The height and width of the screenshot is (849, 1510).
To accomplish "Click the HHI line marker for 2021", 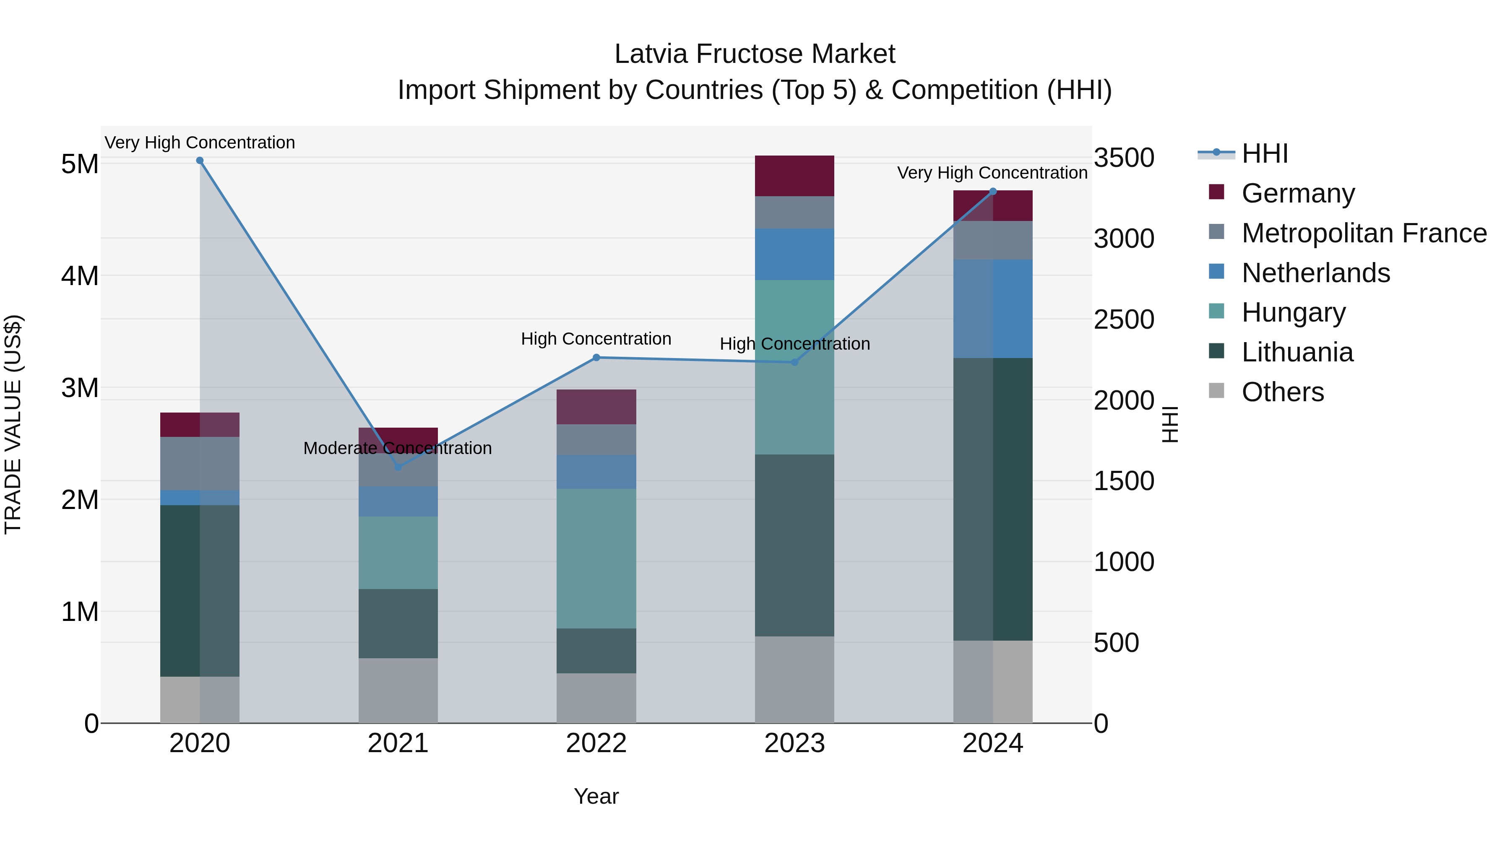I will (398, 467).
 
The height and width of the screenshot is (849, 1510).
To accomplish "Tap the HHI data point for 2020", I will (200, 161).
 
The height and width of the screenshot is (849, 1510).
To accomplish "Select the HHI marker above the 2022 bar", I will (596, 357).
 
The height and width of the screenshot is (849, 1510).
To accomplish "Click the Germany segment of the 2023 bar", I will (794, 176).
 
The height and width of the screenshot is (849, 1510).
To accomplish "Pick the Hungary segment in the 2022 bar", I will (596, 558).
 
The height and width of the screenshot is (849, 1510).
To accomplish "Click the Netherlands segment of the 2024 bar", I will (992, 309).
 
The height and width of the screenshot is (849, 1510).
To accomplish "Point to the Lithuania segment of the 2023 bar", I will (794, 545).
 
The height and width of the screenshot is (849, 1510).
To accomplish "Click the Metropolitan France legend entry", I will (1364, 233).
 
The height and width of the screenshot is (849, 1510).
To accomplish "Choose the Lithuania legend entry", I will (1297, 353).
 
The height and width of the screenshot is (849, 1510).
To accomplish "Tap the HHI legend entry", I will (1264, 153).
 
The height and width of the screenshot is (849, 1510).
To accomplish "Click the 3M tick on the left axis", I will (80, 388).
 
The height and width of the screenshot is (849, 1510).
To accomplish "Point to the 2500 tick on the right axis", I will (1124, 320).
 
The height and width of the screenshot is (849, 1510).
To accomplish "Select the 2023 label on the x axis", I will (794, 743).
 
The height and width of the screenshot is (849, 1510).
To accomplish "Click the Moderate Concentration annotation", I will (398, 448).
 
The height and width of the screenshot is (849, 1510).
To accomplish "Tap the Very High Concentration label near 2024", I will (992, 173).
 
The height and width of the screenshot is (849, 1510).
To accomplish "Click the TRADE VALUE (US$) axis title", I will (13, 424).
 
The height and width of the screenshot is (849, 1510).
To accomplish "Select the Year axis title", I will (596, 796).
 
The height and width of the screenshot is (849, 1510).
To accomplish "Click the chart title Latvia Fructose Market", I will (755, 54).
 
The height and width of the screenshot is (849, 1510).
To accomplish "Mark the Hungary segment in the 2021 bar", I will (398, 553).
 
